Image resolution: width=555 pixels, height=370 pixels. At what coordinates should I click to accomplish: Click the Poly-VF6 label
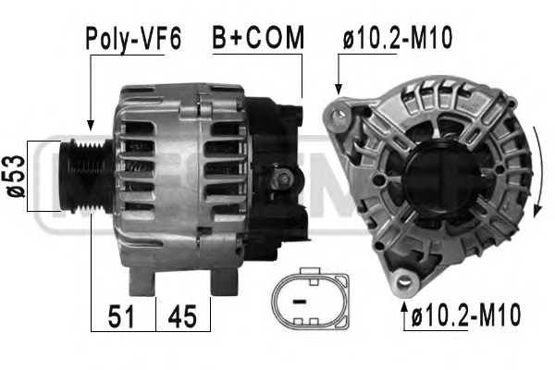point(133,39)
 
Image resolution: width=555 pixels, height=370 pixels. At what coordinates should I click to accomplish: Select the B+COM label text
point(258,37)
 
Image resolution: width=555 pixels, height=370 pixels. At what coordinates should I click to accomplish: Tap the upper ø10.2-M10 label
point(398,37)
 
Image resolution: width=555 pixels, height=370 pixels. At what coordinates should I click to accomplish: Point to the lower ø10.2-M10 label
point(466,314)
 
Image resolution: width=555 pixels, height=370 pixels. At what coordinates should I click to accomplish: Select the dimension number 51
point(121,317)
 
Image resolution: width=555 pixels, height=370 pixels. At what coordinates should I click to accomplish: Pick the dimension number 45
point(182,317)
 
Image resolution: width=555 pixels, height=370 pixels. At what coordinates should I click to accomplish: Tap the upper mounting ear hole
point(339,115)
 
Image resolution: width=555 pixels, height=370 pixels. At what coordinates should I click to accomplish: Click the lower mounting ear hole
point(402,281)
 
